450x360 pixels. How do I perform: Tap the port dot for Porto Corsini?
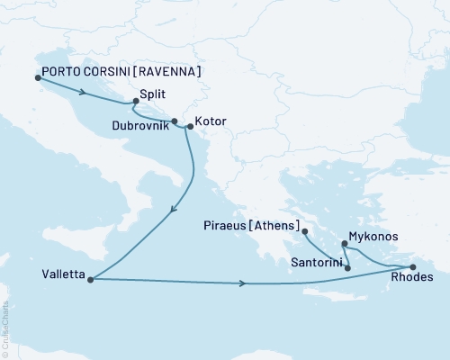(x=38, y=77)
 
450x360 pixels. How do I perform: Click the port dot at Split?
(x=136, y=102)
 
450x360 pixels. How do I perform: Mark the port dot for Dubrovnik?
(x=175, y=120)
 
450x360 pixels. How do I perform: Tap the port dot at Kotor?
(x=190, y=127)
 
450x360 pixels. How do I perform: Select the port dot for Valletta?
(x=91, y=279)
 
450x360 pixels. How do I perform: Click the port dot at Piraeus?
(x=305, y=232)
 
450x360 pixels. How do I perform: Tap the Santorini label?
(x=315, y=265)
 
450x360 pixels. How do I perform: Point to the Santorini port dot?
(x=348, y=268)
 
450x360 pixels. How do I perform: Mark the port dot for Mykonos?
(x=346, y=243)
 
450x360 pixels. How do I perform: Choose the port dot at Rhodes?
(x=413, y=267)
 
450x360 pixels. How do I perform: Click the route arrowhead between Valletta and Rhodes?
(x=243, y=284)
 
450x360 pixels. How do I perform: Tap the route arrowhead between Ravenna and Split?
(x=83, y=91)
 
